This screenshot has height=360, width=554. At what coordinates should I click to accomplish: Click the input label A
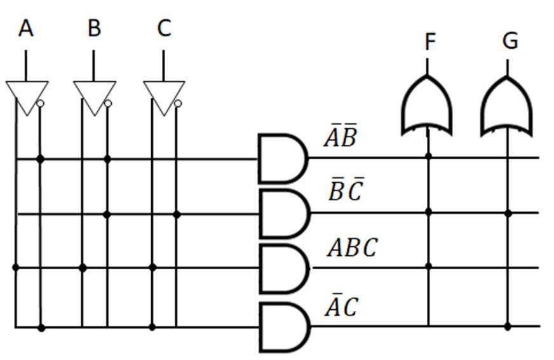tap(26, 29)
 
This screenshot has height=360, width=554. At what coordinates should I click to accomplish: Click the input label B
tap(94, 29)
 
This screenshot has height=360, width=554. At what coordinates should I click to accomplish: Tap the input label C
tap(164, 29)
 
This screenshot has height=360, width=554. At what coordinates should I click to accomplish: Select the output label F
tap(430, 42)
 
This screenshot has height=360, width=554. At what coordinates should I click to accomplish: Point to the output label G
tap(510, 41)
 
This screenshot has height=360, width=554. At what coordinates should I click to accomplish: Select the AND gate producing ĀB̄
tap(282, 158)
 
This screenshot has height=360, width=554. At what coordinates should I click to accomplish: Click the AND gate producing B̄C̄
tap(283, 213)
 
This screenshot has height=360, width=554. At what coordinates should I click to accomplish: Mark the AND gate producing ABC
tap(283, 268)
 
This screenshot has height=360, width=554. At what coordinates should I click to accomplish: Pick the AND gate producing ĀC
tap(283, 326)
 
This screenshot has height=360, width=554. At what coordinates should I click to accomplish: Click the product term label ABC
tap(352, 248)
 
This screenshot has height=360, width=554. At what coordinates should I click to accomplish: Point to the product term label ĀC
tap(341, 307)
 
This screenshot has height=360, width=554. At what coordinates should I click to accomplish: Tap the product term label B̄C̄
tap(345, 190)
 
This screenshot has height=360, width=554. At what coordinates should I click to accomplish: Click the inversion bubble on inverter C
tap(178, 103)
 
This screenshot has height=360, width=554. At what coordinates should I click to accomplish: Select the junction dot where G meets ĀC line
tap(507, 326)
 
